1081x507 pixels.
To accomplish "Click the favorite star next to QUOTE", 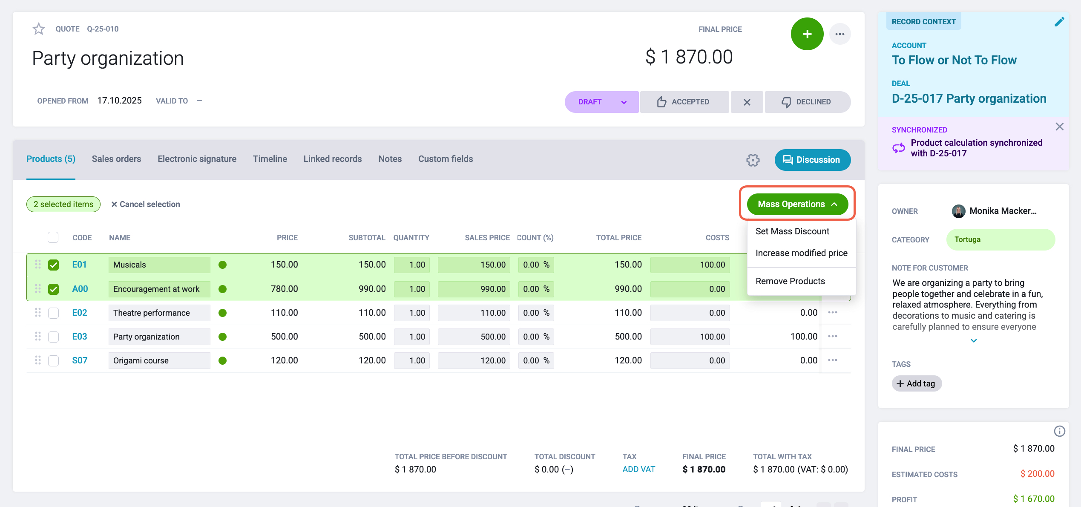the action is [x=39, y=29].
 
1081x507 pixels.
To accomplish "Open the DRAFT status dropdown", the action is [x=601, y=102].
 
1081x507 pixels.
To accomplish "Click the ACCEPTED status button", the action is [x=684, y=102].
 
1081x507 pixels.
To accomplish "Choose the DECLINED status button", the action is [x=808, y=102].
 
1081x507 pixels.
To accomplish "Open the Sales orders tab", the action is [x=116, y=159].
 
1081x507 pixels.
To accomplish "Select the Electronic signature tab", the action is [x=197, y=159].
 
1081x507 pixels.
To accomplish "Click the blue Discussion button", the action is [x=813, y=160].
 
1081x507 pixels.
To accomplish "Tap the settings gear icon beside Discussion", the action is [x=753, y=160].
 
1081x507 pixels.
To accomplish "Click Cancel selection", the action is [x=146, y=205].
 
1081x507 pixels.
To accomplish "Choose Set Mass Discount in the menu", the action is [x=792, y=231].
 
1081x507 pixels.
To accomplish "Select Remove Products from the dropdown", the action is [x=790, y=281].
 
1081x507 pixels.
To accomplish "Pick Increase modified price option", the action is [x=801, y=253].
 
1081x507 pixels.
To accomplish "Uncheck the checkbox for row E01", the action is [x=53, y=265].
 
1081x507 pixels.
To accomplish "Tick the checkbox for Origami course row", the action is [x=53, y=361].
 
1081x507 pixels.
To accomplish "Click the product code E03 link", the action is [x=80, y=337].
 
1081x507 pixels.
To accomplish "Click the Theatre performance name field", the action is [x=159, y=313].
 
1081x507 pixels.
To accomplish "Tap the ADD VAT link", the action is [x=638, y=469].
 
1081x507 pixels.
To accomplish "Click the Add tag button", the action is [x=917, y=383].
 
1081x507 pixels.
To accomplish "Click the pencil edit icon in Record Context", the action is [x=1059, y=22].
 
